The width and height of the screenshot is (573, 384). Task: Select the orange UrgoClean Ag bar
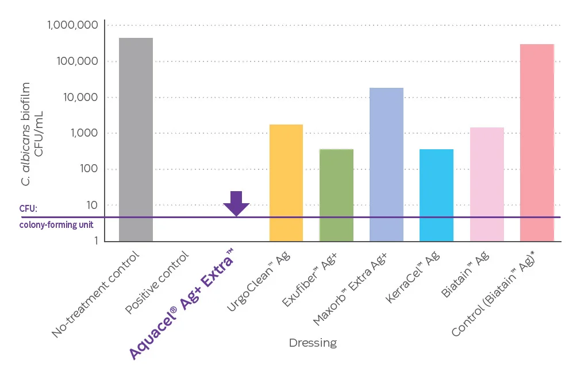coord(286,183)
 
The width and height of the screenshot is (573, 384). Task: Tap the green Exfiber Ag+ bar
coord(336,195)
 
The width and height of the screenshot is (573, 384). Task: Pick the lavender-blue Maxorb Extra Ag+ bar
coord(386,164)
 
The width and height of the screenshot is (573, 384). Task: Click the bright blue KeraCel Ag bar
coord(436,195)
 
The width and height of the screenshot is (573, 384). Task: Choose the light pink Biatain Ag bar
coord(487,184)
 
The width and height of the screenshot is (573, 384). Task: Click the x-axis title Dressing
coord(313,343)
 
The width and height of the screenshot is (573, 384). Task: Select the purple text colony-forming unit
coord(56,225)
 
